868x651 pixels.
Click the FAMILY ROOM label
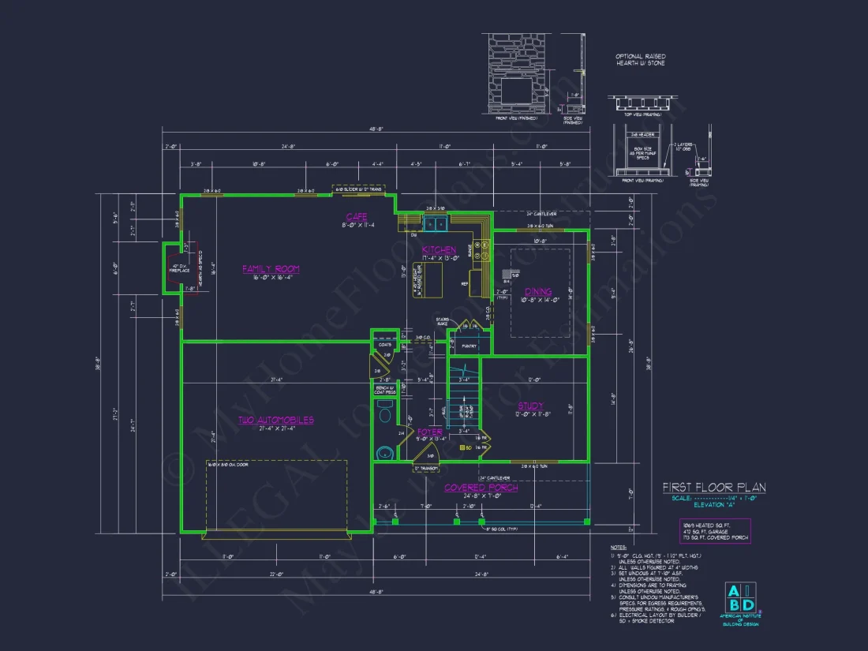point(271,269)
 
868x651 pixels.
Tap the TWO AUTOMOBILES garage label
point(277,420)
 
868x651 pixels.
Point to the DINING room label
point(539,291)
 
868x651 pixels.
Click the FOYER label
point(430,432)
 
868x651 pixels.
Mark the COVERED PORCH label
point(481,488)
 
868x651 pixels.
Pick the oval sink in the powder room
point(384,453)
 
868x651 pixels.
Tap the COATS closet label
point(385,343)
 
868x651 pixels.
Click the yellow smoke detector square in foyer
point(462,447)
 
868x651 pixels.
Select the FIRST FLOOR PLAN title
point(713,488)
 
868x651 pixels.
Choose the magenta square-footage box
point(715,530)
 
